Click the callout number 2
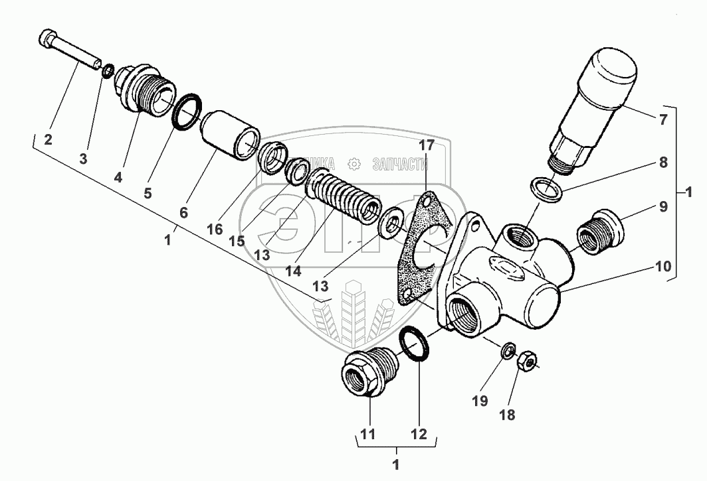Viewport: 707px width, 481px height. tap(48, 139)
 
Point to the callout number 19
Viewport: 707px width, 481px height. tap(480, 401)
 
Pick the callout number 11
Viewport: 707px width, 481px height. tap(368, 435)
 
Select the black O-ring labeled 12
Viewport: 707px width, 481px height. tap(415, 344)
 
